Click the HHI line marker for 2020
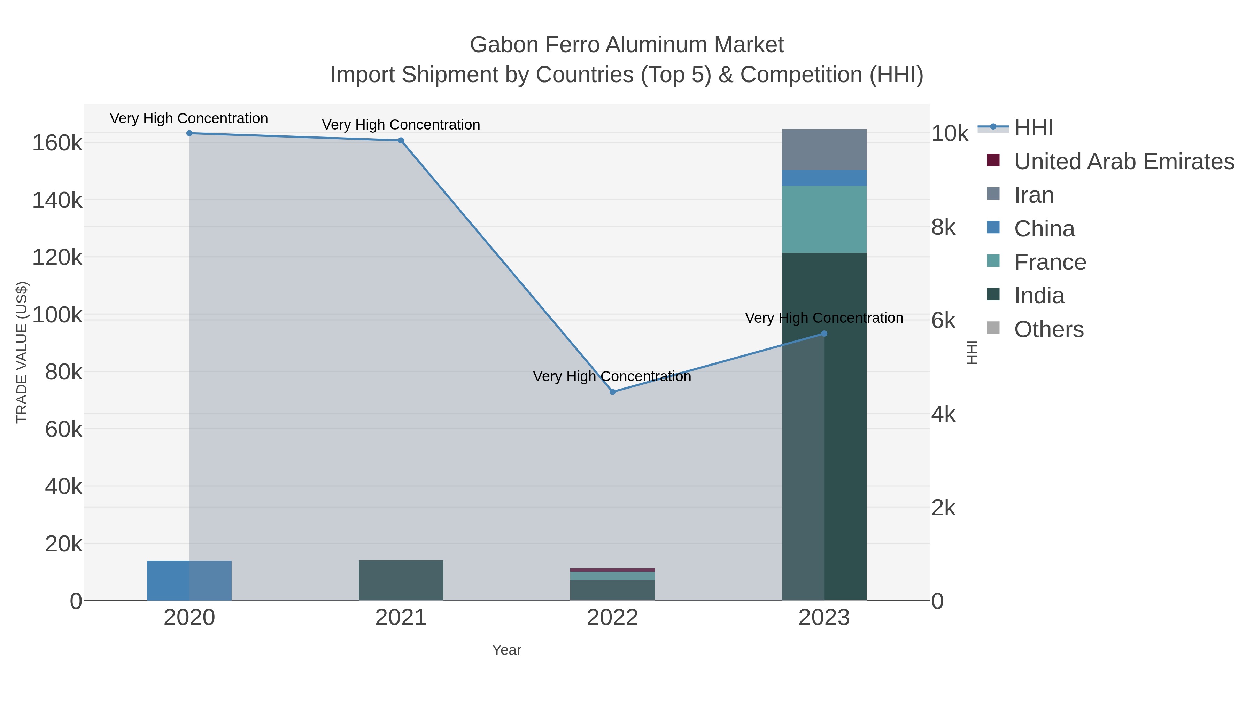[x=189, y=133]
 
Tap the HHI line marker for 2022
[x=613, y=392]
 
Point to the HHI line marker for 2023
[x=824, y=334]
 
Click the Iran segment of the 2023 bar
[x=824, y=149]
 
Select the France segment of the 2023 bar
[x=824, y=219]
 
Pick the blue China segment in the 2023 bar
[x=824, y=178]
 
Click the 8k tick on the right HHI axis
[x=943, y=227]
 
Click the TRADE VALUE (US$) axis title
[x=22, y=352]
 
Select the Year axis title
[x=506, y=650]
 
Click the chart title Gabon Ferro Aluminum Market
[x=627, y=45]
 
